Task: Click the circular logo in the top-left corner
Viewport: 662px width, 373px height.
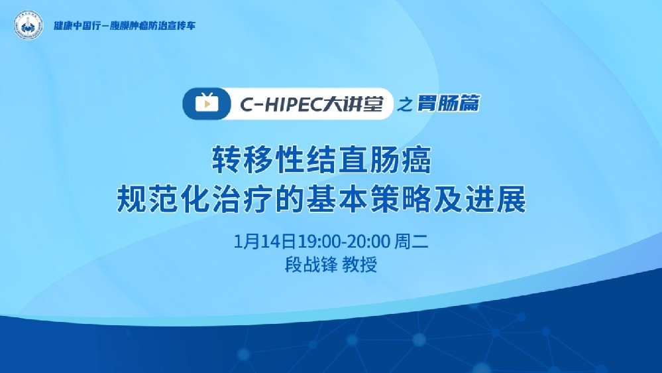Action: [27, 26]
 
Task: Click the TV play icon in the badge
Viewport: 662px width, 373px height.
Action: [206, 103]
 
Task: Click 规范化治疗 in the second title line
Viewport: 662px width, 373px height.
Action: [185, 199]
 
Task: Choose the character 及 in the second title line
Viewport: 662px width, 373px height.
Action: [458, 199]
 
